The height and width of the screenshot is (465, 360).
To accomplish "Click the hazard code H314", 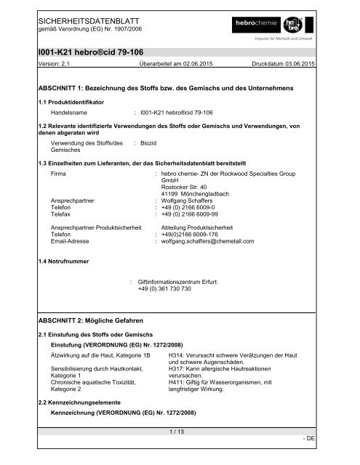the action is pos(177,354).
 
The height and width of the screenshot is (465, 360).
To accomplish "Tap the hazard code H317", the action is pos(177,368).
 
